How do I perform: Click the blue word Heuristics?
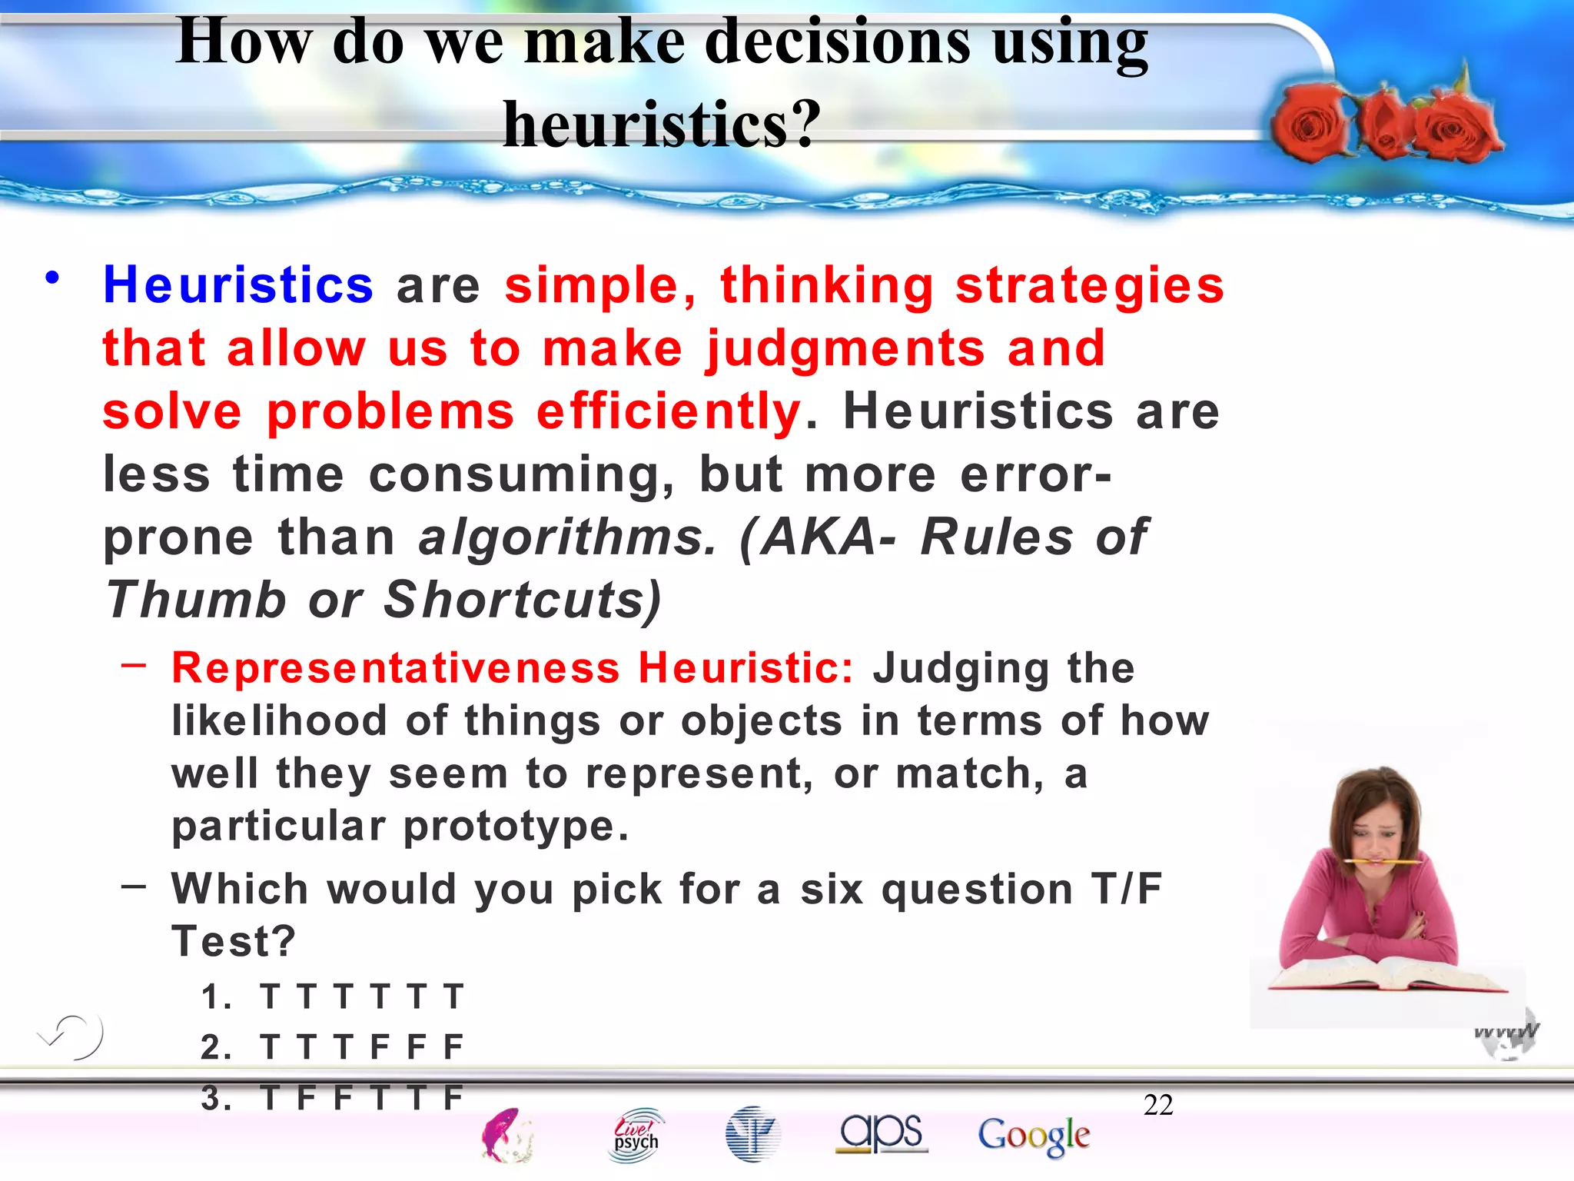point(238,285)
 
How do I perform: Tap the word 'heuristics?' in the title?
point(662,124)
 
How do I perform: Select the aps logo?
point(882,1133)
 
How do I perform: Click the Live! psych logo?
point(636,1135)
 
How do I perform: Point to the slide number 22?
point(1158,1106)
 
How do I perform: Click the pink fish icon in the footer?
point(505,1135)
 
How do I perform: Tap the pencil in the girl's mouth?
point(1383,861)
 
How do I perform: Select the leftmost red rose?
point(1309,123)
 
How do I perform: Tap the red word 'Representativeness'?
point(395,667)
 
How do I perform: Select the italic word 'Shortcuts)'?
point(523,600)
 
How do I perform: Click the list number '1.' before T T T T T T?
point(216,997)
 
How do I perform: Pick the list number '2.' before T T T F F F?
point(216,1047)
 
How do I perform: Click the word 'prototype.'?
point(516,827)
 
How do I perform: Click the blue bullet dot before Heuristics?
point(51,278)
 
